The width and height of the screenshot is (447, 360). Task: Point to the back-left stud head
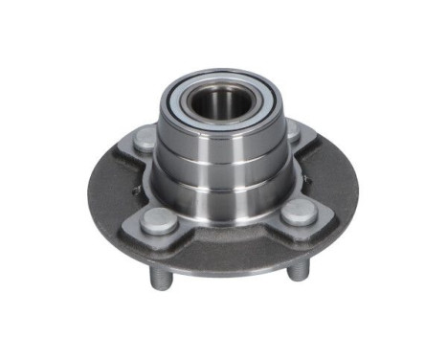coord(144,139)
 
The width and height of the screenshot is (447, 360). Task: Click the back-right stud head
coord(291,130)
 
